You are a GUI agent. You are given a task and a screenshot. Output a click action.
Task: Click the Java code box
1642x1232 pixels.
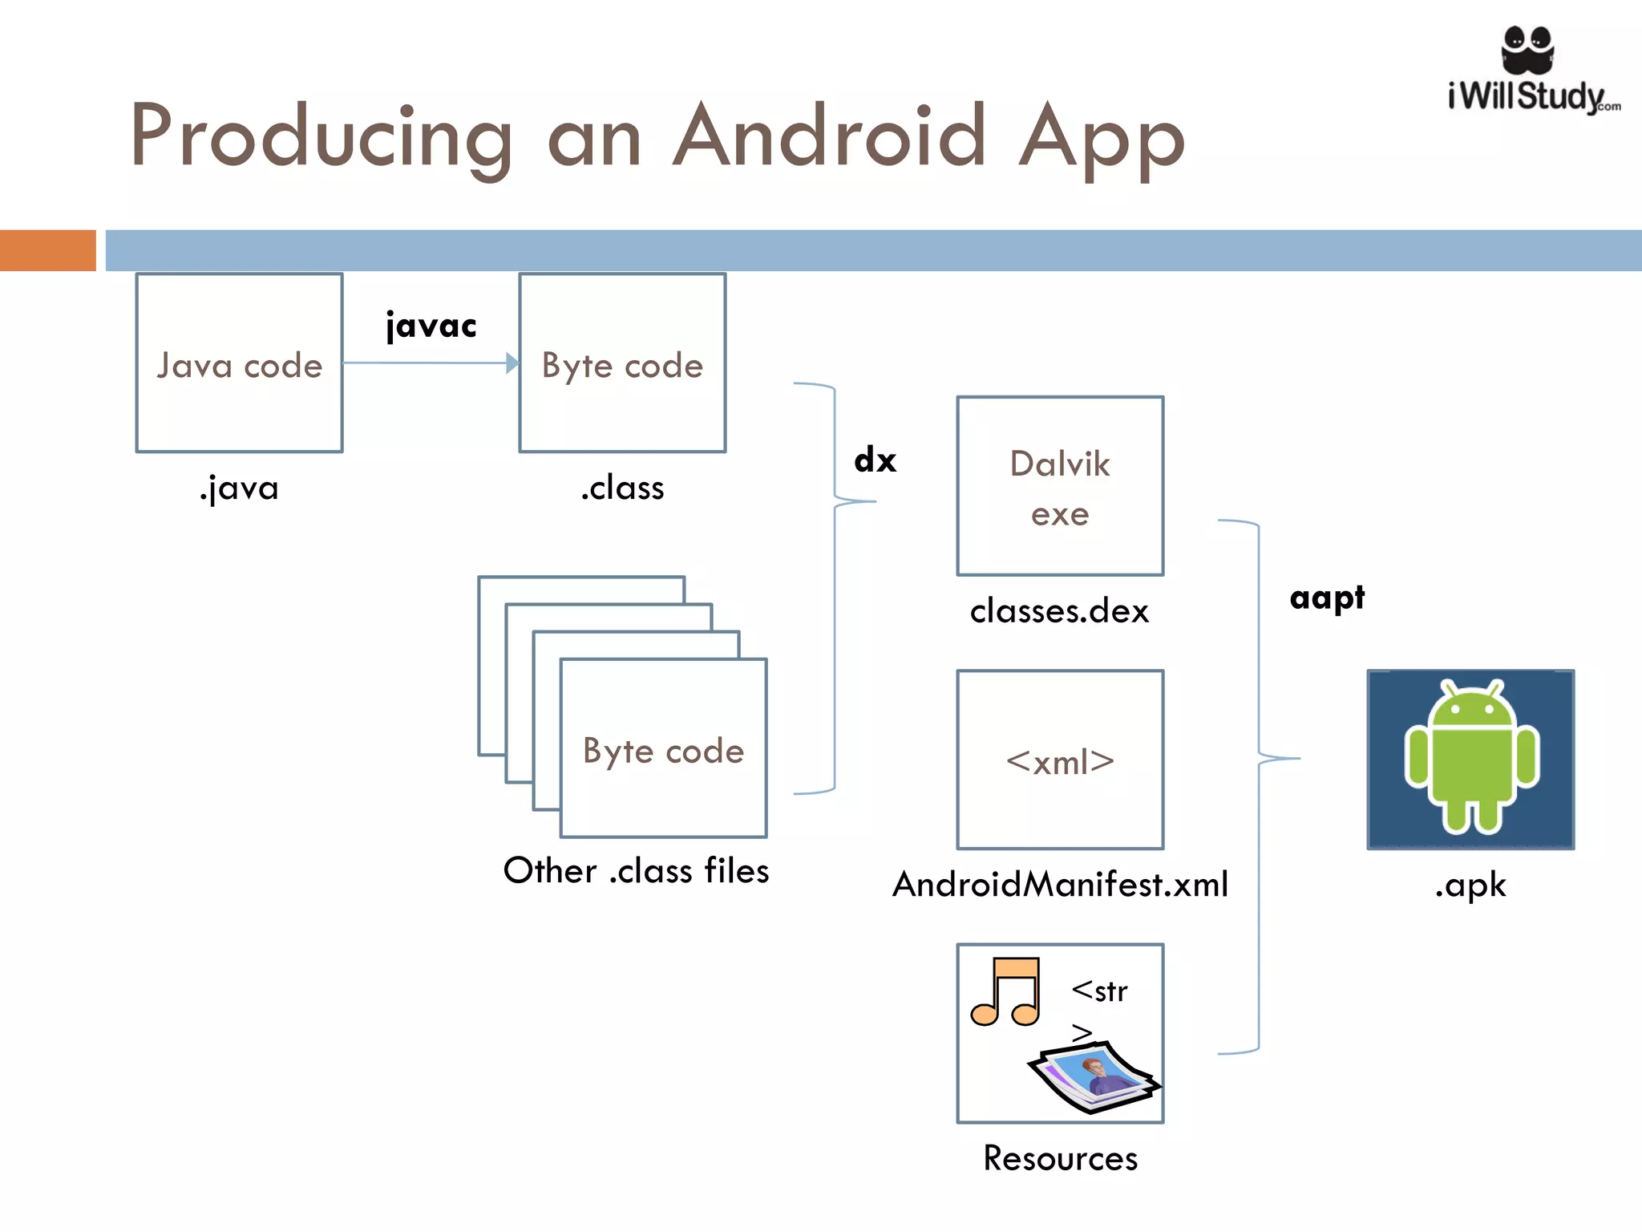pyautogui.click(x=239, y=363)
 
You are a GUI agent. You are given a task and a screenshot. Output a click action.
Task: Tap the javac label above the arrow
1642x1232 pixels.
pyautogui.click(x=431, y=326)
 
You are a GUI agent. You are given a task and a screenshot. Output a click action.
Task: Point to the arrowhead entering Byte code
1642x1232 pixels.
pyautogui.click(x=513, y=363)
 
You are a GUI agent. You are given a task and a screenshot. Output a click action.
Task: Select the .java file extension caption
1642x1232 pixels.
pyautogui.click(x=239, y=488)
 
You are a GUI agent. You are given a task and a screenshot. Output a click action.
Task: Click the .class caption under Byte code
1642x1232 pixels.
pyautogui.click(x=623, y=488)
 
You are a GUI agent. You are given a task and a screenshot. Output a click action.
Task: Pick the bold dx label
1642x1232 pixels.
pyautogui.click(x=875, y=460)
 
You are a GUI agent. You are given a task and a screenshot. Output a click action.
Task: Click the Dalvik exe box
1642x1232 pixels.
pyautogui.click(x=1060, y=486)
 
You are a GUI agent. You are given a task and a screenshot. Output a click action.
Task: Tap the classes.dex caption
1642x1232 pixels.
pyautogui.click(x=1059, y=611)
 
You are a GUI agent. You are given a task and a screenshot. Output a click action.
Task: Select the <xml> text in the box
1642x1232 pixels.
pyautogui.click(x=1060, y=761)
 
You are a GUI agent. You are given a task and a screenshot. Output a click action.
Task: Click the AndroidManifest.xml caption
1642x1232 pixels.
pyautogui.click(x=1060, y=885)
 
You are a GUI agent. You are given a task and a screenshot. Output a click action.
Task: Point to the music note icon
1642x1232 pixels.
pyautogui.click(x=1006, y=991)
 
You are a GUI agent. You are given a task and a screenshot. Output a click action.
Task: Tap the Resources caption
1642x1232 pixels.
pyautogui.click(x=1060, y=1158)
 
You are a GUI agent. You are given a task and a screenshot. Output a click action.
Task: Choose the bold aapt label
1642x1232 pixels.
pyautogui.click(x=1327, y=598)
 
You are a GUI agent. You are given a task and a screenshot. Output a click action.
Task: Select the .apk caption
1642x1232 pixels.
pyautogui.click(x=1470, y=885)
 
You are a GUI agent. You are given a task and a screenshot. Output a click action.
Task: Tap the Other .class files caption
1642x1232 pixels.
pyautogui.click(x=636, y=871)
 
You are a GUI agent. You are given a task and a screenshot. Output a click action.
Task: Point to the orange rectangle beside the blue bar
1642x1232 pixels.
pyautogui.click(x=48, y=250)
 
